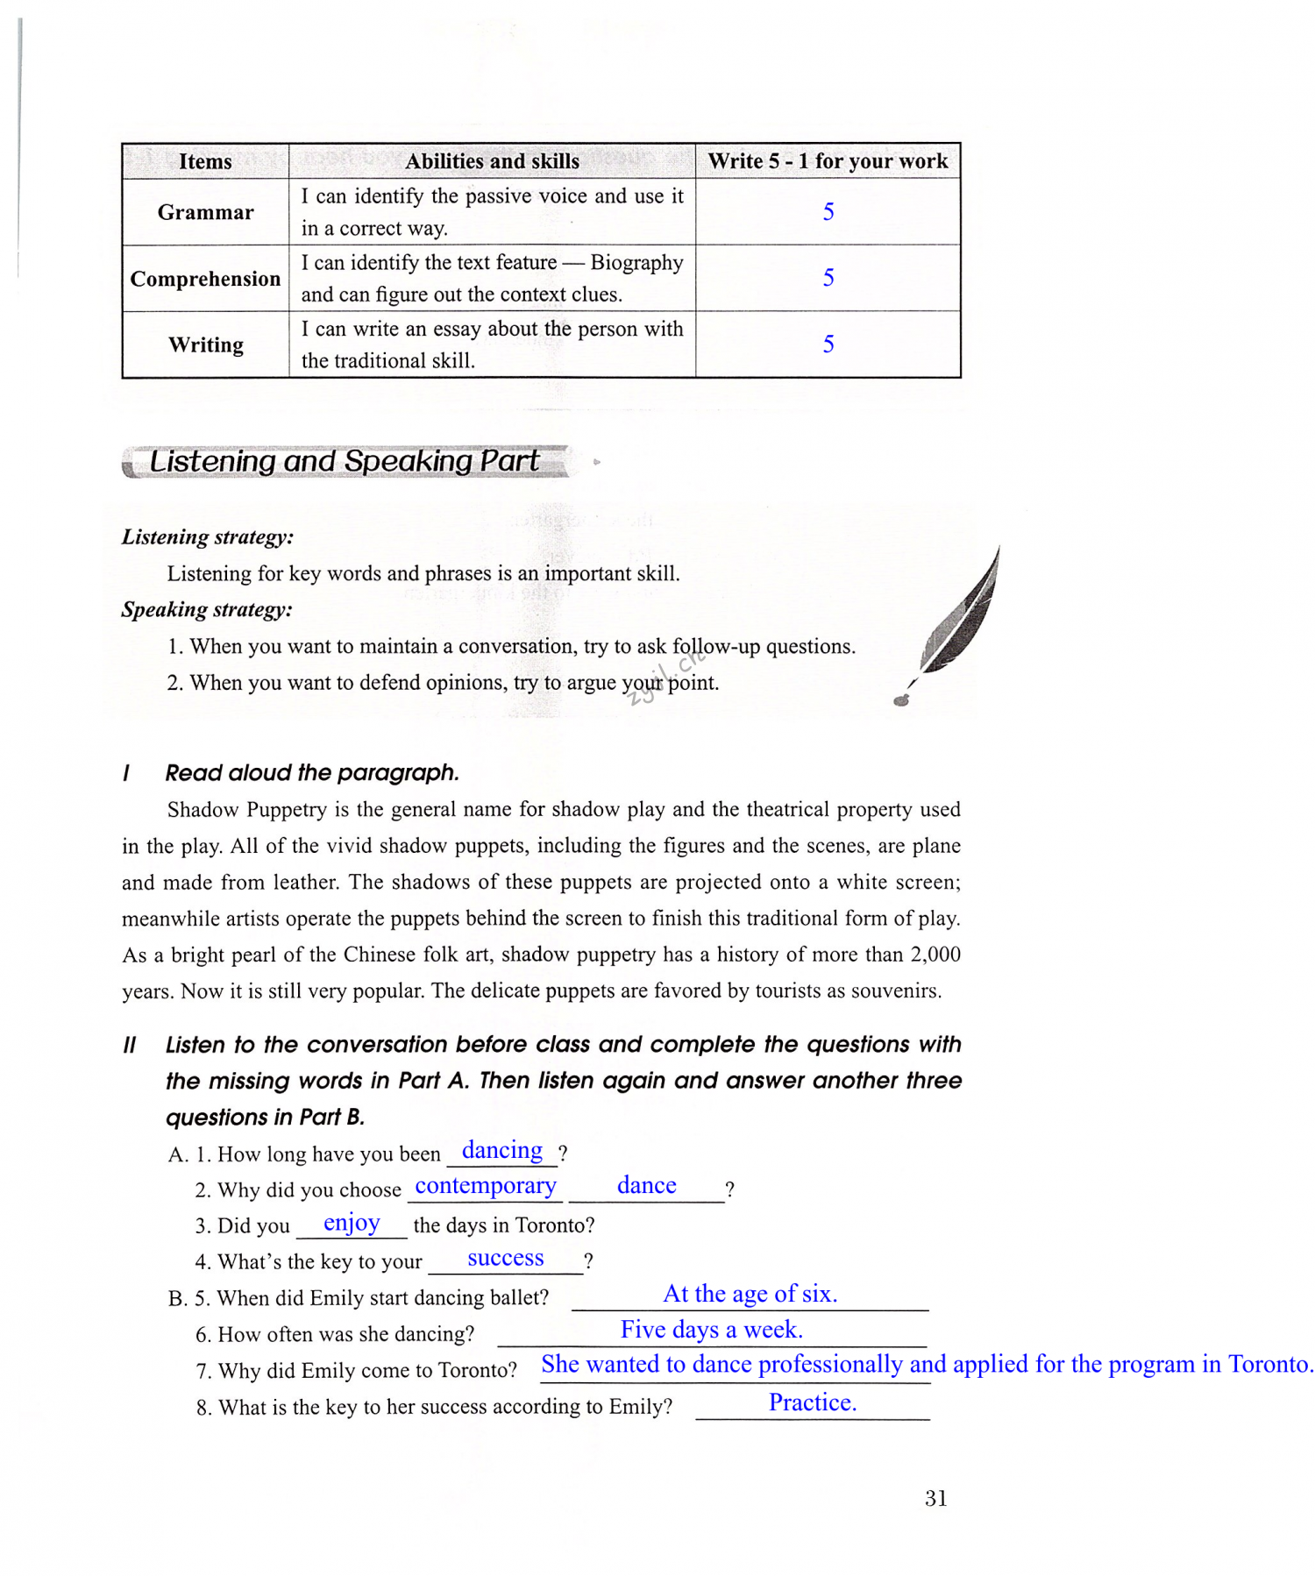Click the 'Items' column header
coord(205,161)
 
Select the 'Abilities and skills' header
coord(492,161)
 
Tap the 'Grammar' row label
coord(205,212)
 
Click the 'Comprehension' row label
coord(205,279)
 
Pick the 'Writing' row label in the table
coord(205,344)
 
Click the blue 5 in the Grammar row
coord(828,212)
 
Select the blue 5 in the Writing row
coord(828,344)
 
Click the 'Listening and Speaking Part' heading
coord(344,461)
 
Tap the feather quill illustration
coord(956,622)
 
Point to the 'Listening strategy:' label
coord(208,536)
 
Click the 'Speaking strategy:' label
coord(207,609)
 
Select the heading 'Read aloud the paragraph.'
coord(312,772)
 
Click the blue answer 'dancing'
coord(502,1150)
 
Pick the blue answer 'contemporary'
coord(486,1186)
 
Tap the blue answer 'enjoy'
coord(352,1223)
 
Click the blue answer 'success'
coord(506,1259)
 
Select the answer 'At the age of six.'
coord(750,1294)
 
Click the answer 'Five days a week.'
coord(712,1330)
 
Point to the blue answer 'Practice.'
coord(813,1402)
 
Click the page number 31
coord(935,1498)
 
